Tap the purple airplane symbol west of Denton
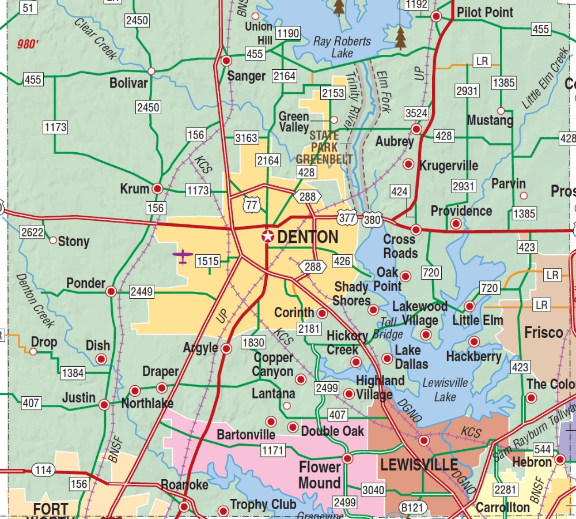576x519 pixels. pyautogui.click(x=183, y=257)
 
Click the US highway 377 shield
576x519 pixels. pyautogui.click(x=347, y=217)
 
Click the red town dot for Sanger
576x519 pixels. pyautogui.click(x=227, y=61)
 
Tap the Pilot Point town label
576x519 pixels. pyautogui.click(x=485, y=12)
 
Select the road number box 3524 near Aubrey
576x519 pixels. pyautogui.click(x=416, y=114)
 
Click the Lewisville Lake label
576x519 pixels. pyautogui.click(x=445, y=390)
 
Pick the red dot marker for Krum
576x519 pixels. pyautogui.click(x=157, y=188)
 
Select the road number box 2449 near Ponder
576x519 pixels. pyautogui.click(x=142, y=291)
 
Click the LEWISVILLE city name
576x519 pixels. pyautogui.click(x=419, y=465)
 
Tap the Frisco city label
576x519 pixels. pyautogui.click(x=543, y=333)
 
